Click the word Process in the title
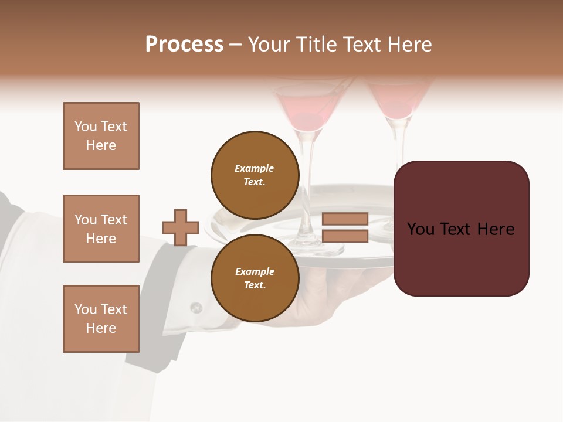(184, 45)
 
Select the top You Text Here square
(101, 136)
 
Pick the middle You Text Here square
(101, 229)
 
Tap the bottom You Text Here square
(101, 318)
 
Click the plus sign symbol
(181, 227)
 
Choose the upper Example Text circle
(255, 175)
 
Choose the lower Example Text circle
(255, 278)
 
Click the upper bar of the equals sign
(345, 219)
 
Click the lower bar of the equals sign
(345, 236)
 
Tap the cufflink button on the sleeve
(196, 307)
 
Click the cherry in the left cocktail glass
(311, 120)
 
